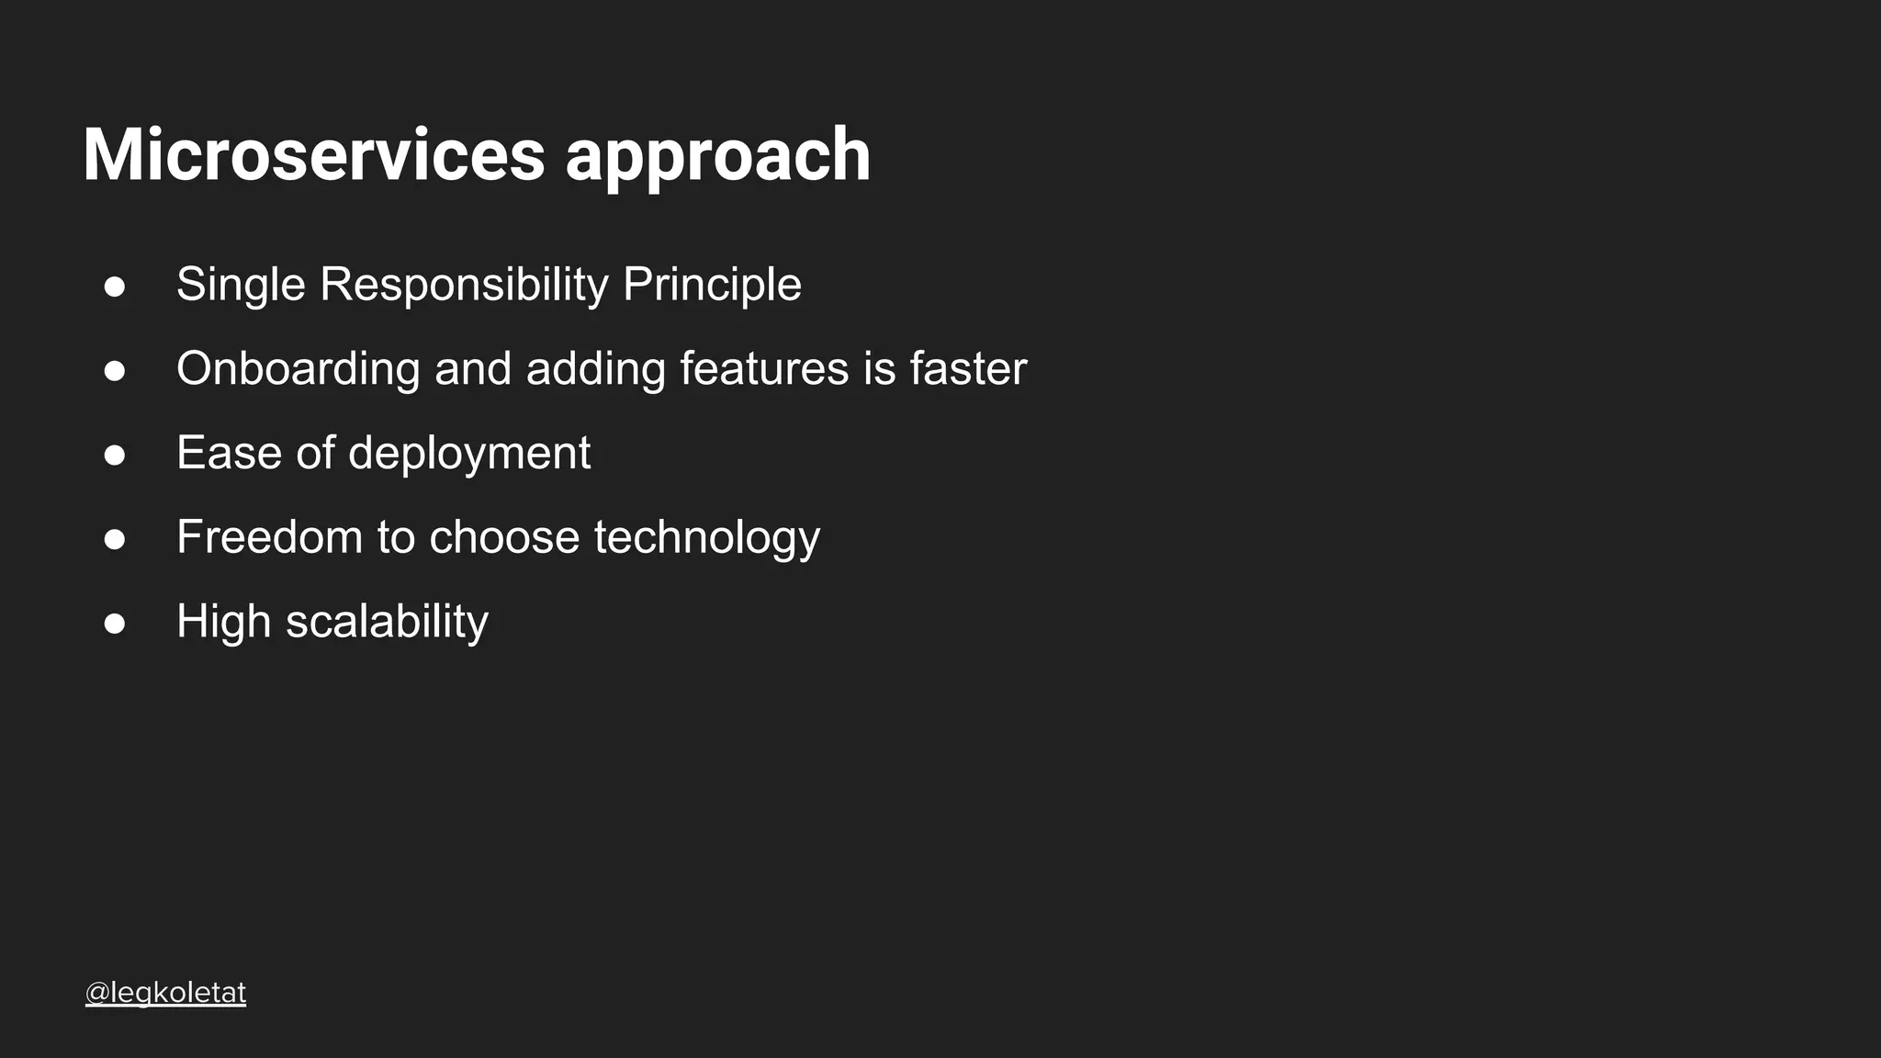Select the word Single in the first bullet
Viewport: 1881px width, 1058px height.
pyautogui.click(x=241, y=285)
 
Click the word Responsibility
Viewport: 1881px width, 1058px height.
pyautogui.click(x=464, y=285)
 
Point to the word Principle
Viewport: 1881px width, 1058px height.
pyautogui.click(x=712, y=285)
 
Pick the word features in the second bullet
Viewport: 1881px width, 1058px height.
pyautogui.click(x=764, y=369)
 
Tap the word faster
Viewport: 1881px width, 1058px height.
pyautogui.click(x=968, y=369)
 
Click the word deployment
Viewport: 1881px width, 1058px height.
pyautogui.click(x=469, y=455)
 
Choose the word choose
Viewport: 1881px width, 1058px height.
pyautogui.click(x=504, y=537)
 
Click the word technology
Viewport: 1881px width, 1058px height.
pyautogui.click(x=706, y=539)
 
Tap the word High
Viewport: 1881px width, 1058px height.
pyautogui.click(x=223, y=622)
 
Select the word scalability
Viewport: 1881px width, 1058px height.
pyautogui.click(x=387, y=623)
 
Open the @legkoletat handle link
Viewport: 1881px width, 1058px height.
pyautogui.click(x=165, y=993)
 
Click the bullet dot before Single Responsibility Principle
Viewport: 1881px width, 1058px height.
pyautogui.click(x=115, y=287)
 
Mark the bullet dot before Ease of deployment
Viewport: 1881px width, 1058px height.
pyautogui.click(x=115, y=456)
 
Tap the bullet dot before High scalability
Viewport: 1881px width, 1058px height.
pyautogui.click(x=115, y=624)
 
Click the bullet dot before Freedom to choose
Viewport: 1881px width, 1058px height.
pyautogui.click(x=115, y=540)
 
